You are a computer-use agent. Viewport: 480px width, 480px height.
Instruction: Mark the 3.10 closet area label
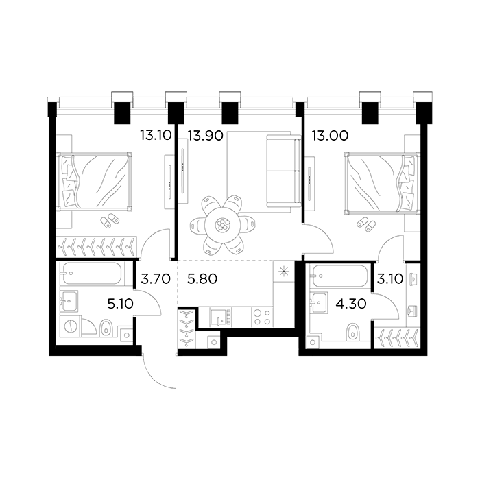388,280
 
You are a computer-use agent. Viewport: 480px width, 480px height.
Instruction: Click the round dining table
223,224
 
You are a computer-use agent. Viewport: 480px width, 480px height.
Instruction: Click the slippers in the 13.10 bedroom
110,219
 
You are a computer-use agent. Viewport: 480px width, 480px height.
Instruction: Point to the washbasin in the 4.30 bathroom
320,300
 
